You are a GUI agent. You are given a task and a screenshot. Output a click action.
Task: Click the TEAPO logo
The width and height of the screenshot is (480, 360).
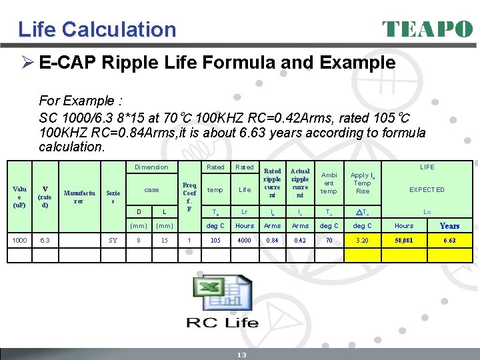(427, 29)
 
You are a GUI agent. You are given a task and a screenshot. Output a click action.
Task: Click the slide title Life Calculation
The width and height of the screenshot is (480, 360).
(97, 29)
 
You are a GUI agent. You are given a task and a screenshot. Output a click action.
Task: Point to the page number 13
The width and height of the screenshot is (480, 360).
(241, 355)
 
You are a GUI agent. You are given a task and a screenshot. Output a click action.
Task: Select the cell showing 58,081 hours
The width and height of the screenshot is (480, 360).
(404, 240)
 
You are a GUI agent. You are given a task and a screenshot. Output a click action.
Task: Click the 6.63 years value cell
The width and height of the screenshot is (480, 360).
(450, 240)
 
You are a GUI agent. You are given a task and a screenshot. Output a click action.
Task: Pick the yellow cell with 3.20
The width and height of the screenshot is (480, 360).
(362, 240)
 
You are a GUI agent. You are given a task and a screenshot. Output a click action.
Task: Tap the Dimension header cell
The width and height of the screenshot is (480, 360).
(151, 167)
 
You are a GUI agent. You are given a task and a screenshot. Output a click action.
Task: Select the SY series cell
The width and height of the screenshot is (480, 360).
(113, 240)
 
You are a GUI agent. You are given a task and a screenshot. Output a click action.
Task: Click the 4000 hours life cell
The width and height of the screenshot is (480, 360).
(245, 240)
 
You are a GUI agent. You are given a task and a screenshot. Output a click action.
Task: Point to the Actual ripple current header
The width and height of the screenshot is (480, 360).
(300, 183)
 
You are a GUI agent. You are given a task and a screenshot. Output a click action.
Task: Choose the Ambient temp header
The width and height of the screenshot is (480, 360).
(329, 183)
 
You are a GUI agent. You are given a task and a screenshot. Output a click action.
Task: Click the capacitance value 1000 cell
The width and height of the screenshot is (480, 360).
(19, 240)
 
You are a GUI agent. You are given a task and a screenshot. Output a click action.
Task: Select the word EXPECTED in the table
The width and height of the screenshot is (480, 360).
(427, 190)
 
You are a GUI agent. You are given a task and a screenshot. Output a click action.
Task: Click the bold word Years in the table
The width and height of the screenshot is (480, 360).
(449, 226)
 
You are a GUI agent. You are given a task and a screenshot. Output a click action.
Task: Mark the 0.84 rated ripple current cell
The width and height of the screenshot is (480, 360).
(272, 240)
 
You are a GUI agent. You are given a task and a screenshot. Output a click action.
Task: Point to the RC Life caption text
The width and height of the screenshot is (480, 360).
(221, 323)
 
